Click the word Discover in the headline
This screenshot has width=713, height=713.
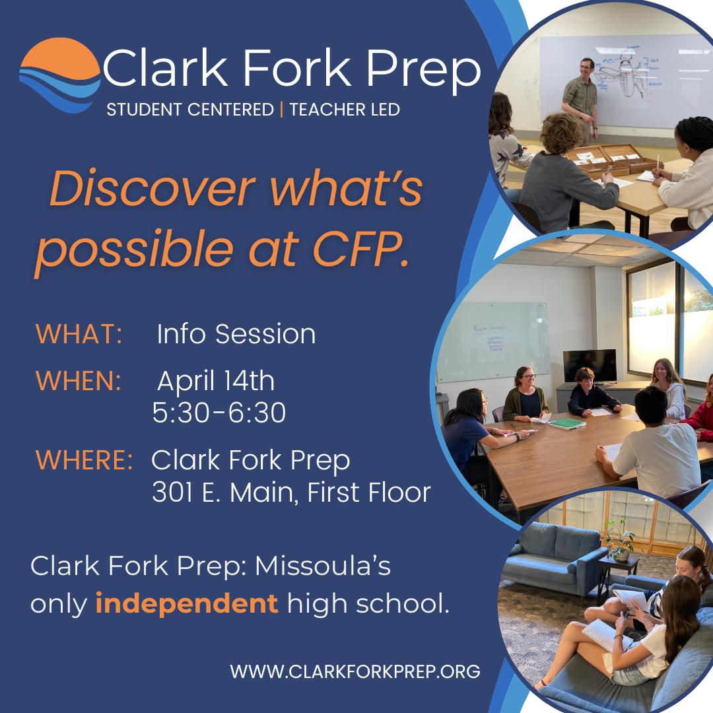click(152, 189)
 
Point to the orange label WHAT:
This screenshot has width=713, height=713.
click(79, 334)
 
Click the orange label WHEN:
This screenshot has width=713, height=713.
click(79, 382)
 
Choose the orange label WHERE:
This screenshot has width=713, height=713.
click(84, 460)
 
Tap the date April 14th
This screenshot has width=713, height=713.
click(216, 382)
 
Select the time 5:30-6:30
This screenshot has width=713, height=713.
click(219, 413)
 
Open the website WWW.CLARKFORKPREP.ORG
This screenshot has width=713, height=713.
click(355, 672)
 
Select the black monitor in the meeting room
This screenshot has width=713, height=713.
click(590, 366)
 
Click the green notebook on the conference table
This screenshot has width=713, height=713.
click(566, 423)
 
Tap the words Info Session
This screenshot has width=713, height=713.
click(236, 334)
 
